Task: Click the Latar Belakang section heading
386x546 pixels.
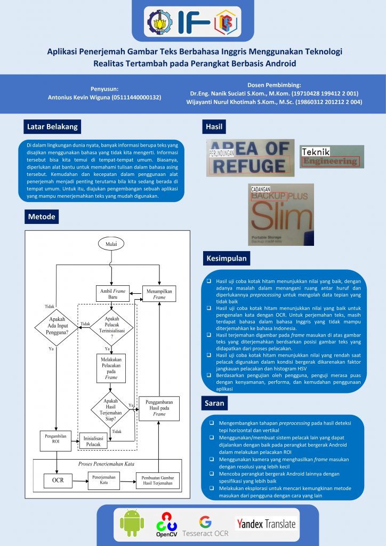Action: tap(52, 127)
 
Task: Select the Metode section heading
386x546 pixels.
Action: tap(41, 217)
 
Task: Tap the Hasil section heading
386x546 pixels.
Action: tap(214, 127)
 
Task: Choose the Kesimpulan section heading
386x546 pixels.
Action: tap(226, 259)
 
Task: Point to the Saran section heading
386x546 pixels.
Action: tap(215, 404)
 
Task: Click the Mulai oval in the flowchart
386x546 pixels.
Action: tap(111, 244)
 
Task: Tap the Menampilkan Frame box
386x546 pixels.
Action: tap(159, 294)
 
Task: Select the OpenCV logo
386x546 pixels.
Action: tap(166, 524)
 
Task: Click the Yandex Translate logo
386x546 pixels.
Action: tap(266, 524)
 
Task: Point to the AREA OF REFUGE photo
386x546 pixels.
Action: tap(250, 158)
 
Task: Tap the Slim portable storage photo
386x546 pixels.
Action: tap(281, 214)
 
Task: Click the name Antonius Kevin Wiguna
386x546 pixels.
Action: tap(104, 98)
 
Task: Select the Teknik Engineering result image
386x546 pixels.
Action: tap(332, 157)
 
